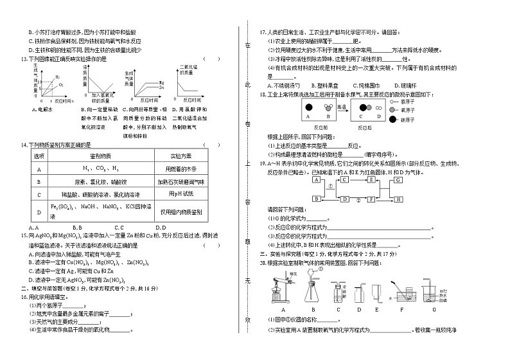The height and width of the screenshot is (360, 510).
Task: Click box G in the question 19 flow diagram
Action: coord(399,181)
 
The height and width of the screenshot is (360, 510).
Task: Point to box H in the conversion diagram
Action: coord(399,200)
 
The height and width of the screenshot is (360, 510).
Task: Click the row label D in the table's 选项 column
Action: coord(39,211)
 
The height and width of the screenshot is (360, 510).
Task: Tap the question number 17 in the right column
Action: coord(263,31)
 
